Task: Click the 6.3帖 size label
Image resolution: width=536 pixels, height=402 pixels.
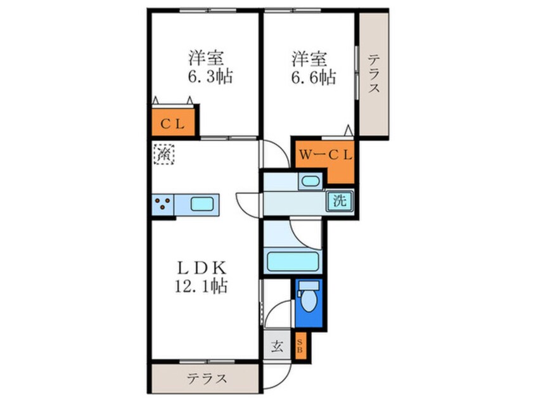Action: (x=206, y=77)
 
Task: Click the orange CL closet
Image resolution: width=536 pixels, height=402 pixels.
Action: (x=172, y=124)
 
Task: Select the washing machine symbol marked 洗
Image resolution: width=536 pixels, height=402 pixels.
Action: (x=340, y=202)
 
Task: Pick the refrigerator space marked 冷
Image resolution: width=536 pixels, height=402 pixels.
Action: (x=164, y=153)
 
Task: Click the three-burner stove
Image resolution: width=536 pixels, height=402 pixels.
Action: (x=162, y=204)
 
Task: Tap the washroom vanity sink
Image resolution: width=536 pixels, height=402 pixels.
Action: (x=310, y=182)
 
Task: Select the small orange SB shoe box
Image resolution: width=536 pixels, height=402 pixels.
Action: (x=300, y=346)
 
